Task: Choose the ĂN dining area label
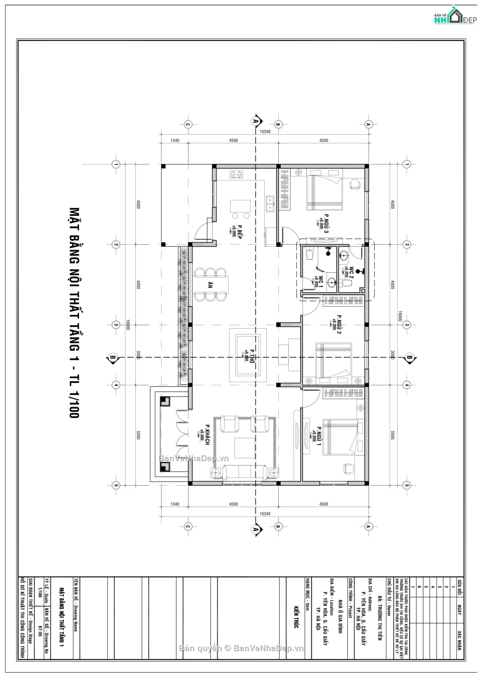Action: pyautogui.click(x=210, y=285)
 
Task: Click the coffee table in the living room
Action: pyautogui.click(x=245, y=448)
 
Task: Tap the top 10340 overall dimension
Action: pyautogui.click(x=265, y=132)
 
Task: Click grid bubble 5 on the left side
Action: pyautogui.click(x=116, y=485)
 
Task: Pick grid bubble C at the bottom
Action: pyautogui.click(x=187, y=527)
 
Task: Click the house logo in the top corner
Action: pyautogui.click(x=454, y=16)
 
